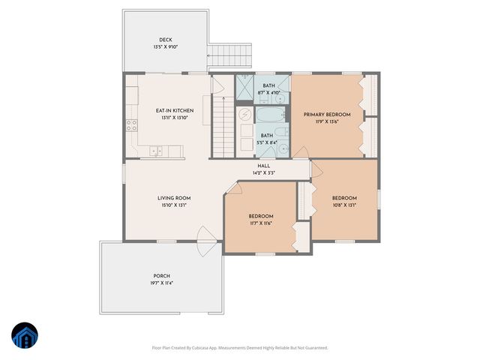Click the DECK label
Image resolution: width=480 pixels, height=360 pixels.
[165, 40]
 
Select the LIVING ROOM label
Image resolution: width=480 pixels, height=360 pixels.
[172, 198]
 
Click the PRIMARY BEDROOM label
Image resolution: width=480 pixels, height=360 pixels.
[326, 115]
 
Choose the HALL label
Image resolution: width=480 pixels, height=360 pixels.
[264, 166]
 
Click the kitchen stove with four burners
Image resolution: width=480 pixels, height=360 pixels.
[133, 124]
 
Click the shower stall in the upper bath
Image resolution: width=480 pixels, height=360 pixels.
[245, 88]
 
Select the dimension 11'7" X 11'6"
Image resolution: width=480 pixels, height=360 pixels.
[261, 223]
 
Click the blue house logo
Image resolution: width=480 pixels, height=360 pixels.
[25, 335]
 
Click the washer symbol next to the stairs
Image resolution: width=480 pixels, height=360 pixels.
[245, 115]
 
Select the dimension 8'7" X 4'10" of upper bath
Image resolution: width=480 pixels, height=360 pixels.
[268, 93]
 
